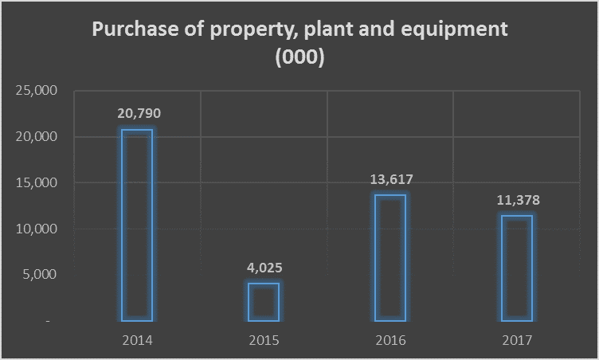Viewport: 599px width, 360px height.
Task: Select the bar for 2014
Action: tap(137, 225)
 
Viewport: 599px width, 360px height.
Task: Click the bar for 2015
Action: tap(264, 302)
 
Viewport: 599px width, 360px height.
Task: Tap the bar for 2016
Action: tap(390, 257)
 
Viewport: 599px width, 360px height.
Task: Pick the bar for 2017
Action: tap(517, 268)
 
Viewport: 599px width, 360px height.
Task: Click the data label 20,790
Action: tap(138, 113)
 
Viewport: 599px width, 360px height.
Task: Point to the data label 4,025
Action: tap(264, 268)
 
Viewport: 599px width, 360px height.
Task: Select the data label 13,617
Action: tap(390, 180)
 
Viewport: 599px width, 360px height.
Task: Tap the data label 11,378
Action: tap(517, 200)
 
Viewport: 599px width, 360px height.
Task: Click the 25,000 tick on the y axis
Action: tap(36, 91)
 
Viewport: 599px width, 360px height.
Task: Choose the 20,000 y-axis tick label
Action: tap(36, 137)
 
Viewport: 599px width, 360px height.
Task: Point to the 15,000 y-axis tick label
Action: tap(36, 182)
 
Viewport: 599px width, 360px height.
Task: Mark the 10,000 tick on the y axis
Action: tap(36, 229)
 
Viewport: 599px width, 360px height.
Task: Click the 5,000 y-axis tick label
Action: tap(39, 275)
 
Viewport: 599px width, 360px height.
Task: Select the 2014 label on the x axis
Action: tap(137, 340)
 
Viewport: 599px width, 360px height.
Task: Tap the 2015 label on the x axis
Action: tap(264, 340)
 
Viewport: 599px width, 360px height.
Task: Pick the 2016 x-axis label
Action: tap(390, 340)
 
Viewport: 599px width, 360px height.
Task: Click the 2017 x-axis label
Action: tap(517, 340)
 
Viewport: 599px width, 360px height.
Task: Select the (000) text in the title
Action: tap(299, 58)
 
